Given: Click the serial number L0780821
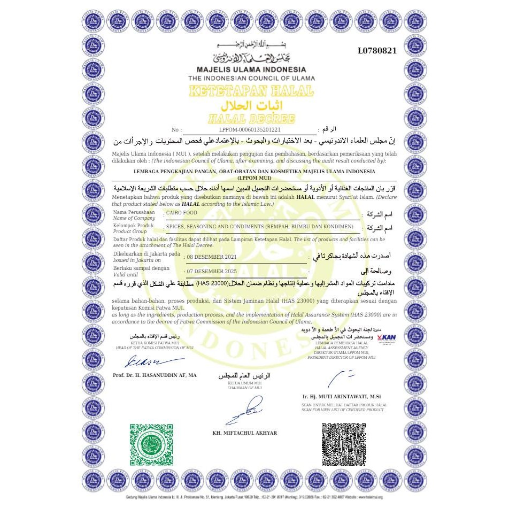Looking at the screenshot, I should click(377, 51).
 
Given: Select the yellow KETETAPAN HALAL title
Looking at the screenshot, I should click(251, 90).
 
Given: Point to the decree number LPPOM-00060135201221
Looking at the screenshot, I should click(250, 129).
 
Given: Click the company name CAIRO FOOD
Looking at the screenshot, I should click(182, 213).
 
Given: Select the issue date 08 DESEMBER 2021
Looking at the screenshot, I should click(211, 257).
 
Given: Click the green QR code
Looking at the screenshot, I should click(151, 445).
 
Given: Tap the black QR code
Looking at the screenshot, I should click(343, 445).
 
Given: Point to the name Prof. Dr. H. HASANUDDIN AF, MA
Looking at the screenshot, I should click(155, 375).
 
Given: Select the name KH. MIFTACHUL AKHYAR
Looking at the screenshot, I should click(245, 433).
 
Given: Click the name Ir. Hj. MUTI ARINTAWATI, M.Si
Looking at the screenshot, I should click(341, 396).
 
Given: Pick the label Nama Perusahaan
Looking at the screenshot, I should click(134, 212).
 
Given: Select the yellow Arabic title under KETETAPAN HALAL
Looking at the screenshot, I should click(251, 104).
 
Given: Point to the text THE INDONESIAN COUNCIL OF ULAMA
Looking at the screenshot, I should click(251, 78).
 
